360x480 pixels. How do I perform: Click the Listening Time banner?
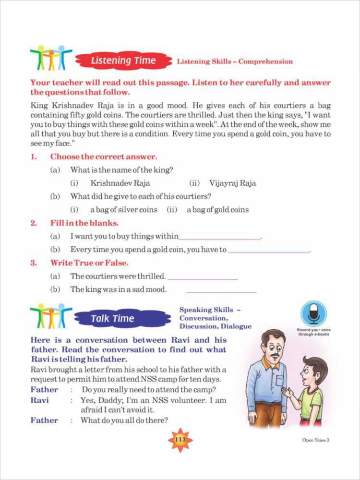123,61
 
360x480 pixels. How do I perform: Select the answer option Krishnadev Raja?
120,183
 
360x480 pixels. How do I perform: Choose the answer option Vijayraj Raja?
232,183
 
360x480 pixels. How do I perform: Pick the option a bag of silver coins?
123,210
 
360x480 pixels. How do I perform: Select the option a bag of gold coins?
217,210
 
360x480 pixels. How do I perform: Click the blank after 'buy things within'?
220,237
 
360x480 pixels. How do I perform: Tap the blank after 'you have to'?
269,251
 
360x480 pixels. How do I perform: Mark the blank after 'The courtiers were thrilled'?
203,277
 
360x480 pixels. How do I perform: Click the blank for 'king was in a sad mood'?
221,290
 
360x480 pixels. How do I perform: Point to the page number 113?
180,440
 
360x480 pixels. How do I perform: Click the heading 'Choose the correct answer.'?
104,156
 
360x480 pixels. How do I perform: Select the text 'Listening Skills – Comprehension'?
235,61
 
